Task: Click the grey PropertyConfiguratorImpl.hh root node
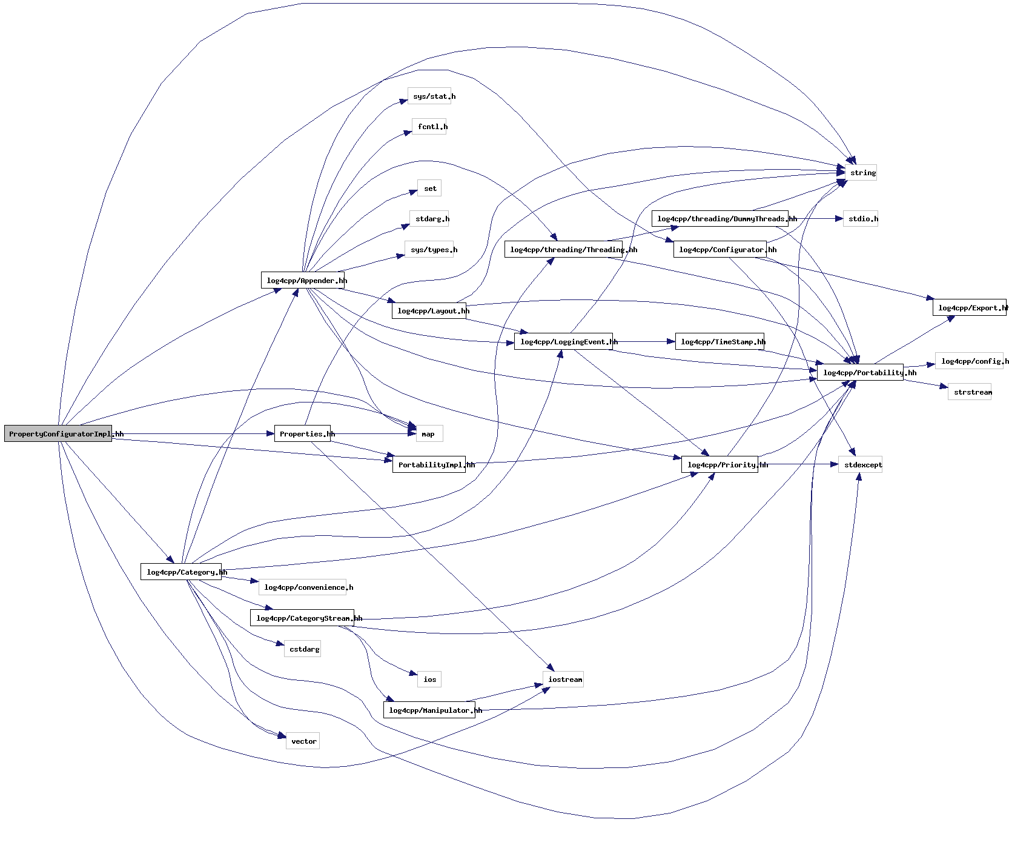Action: [x=58, y=433]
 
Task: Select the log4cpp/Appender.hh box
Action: [x=303, y=280]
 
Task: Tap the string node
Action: [x=862, y=173]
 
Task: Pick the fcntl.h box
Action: [x=429, y=127]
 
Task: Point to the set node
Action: [x=429, y=188]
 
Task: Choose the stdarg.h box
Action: [x=429, y=219]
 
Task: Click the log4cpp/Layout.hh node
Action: [x=429, y=311]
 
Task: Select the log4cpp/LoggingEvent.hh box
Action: [x=563, y=341]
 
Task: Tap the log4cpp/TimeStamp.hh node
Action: [x=720, y=341]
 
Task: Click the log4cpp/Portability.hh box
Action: [x=860, y=372]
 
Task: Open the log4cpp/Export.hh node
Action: [x=970, y=307]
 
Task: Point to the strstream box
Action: [x=970, y=392]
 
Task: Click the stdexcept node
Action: [x=860, y=464]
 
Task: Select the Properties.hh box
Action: [x=302, y=433]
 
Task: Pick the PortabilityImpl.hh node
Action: [x=429, y=464]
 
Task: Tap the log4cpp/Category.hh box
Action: [x=181, y=572]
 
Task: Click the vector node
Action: [x=303, y=741]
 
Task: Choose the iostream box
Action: [x=563, y=679]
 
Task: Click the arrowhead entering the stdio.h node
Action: [x=839, y=219]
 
